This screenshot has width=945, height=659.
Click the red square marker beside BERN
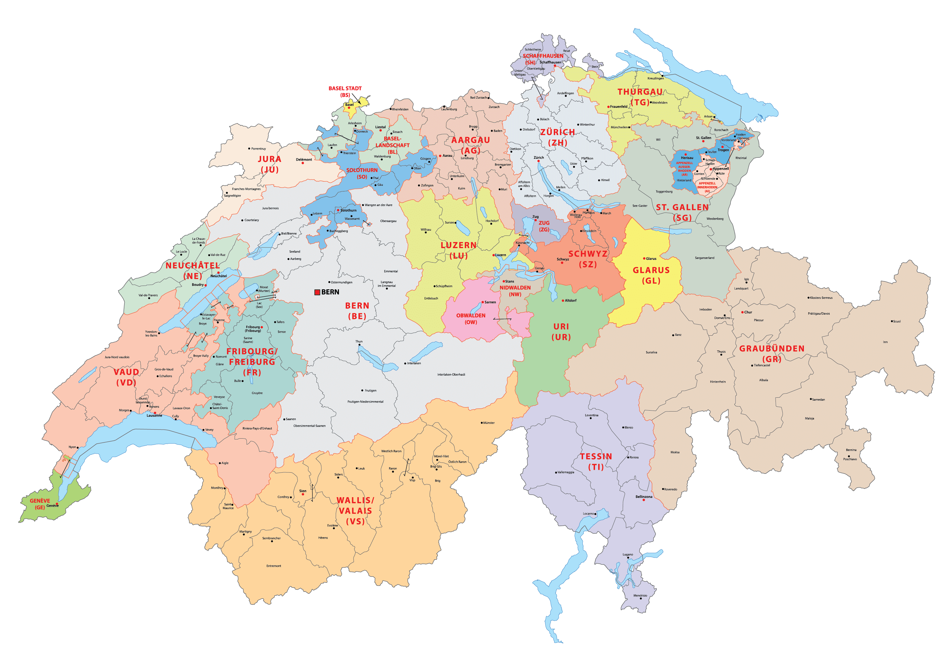point(317,292)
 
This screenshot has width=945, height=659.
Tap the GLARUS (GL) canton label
point(651,275)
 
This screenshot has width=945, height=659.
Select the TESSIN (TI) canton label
point(596,462)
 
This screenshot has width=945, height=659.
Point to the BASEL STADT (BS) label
point(345,91)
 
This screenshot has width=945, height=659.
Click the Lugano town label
point(628,554)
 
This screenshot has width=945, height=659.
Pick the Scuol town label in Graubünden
point(896,321)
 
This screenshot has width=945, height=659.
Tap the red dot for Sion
point(303,494)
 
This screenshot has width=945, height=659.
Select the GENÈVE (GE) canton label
point(40,504)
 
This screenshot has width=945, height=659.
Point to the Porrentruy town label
point(259,149)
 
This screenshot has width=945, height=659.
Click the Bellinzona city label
point(644,497)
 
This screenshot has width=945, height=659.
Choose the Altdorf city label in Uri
point(570,300)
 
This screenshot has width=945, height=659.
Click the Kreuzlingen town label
point(655,78)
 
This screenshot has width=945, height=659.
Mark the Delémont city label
point(304,159)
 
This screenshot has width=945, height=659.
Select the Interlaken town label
point(414,363)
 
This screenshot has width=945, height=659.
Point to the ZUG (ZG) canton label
point(544,226)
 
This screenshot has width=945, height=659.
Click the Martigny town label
point(245,531)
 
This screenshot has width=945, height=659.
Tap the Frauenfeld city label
point(619,106)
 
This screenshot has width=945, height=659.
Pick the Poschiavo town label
point(850,459)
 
